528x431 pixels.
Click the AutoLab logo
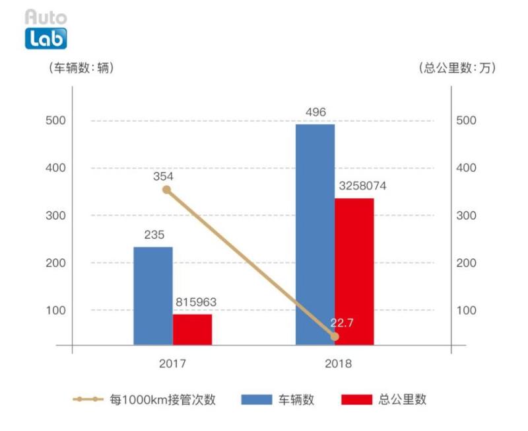(x=46, y=30)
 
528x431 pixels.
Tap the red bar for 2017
(x=193, y=329)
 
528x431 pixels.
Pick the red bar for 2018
(x=354, y=271)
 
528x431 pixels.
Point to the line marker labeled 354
(x=167, y=190)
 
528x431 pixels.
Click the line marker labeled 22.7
(x=335, y=336)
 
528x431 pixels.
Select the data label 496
(x=316, y=112)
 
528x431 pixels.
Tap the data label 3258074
(x=362, y=186)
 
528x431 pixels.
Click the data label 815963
(x=196, y=303)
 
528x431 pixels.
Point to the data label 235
(x=154, y=235)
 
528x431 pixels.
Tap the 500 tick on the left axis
(x=55, y=120)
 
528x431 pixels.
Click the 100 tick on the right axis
(x=466, y=310)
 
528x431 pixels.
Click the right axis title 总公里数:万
(x=457, y=68)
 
